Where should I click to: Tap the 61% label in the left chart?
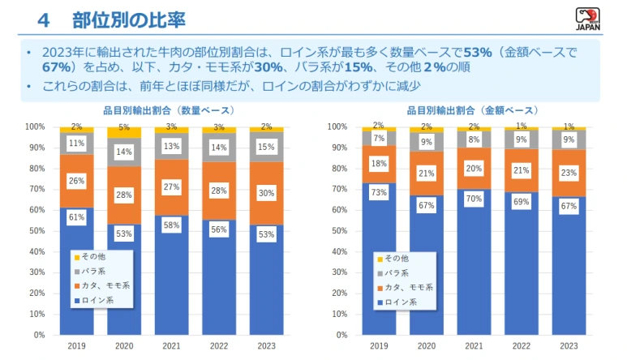[76, 217]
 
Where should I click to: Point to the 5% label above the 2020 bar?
[124, 127]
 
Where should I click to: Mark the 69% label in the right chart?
[522, 199]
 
